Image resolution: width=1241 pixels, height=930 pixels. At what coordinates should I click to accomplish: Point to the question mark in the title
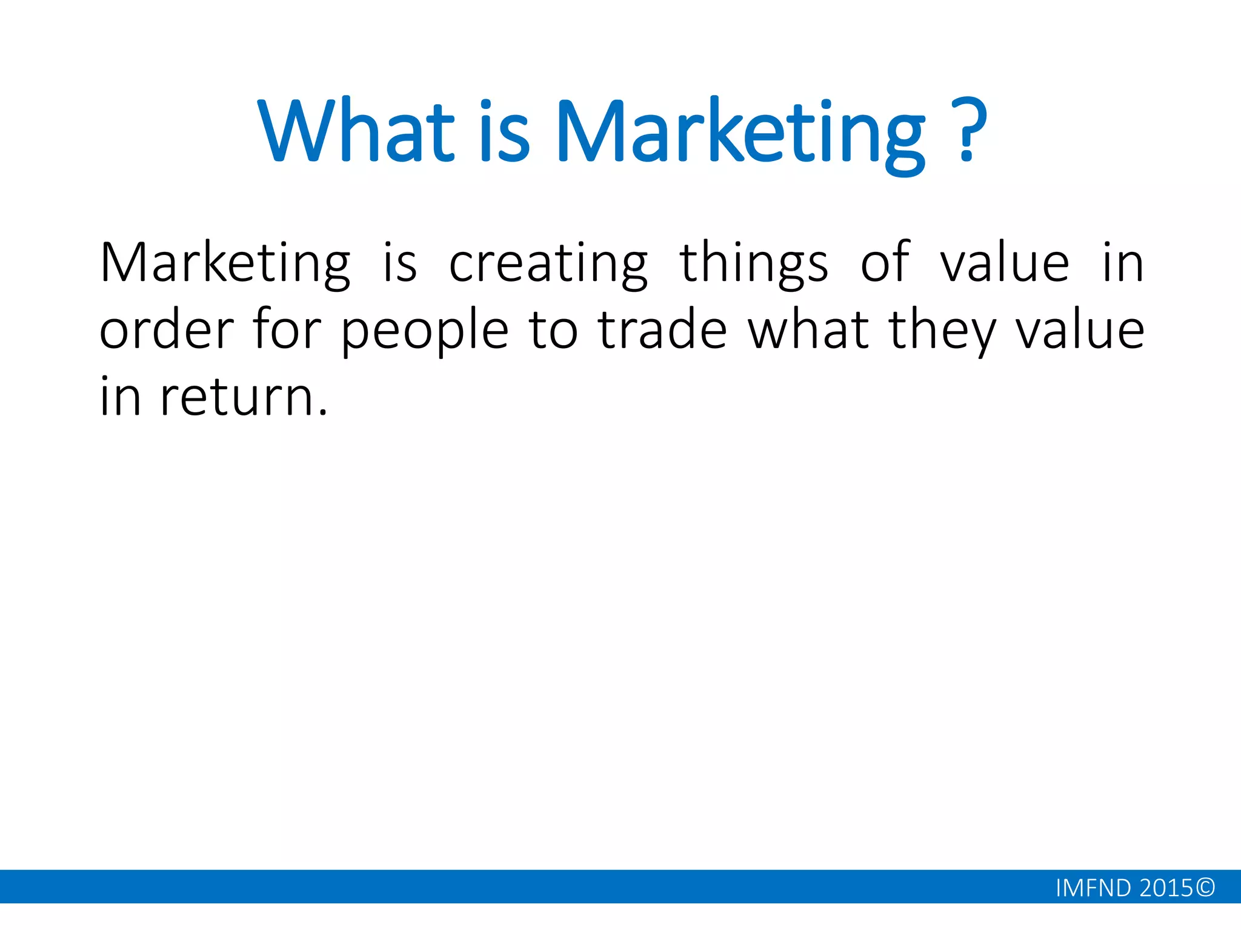[x=968, y=130]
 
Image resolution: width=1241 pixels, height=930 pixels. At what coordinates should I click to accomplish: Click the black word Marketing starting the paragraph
[x=225, y=263]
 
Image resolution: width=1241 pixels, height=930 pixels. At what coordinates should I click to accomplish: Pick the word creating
[x=548, y=263]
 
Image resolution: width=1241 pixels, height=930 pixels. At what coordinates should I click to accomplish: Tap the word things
[x=754, y=263]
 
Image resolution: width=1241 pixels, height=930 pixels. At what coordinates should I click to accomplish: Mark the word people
[x=425, y=332]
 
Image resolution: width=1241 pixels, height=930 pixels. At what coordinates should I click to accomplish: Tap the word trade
[x=662, y=330]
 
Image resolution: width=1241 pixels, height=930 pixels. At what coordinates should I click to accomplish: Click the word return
[x=236, y=397]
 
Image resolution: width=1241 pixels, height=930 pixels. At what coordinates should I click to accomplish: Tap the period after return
[x=322, y=413]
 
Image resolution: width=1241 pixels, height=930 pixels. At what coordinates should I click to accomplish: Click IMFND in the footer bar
[x=1093, y=888]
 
